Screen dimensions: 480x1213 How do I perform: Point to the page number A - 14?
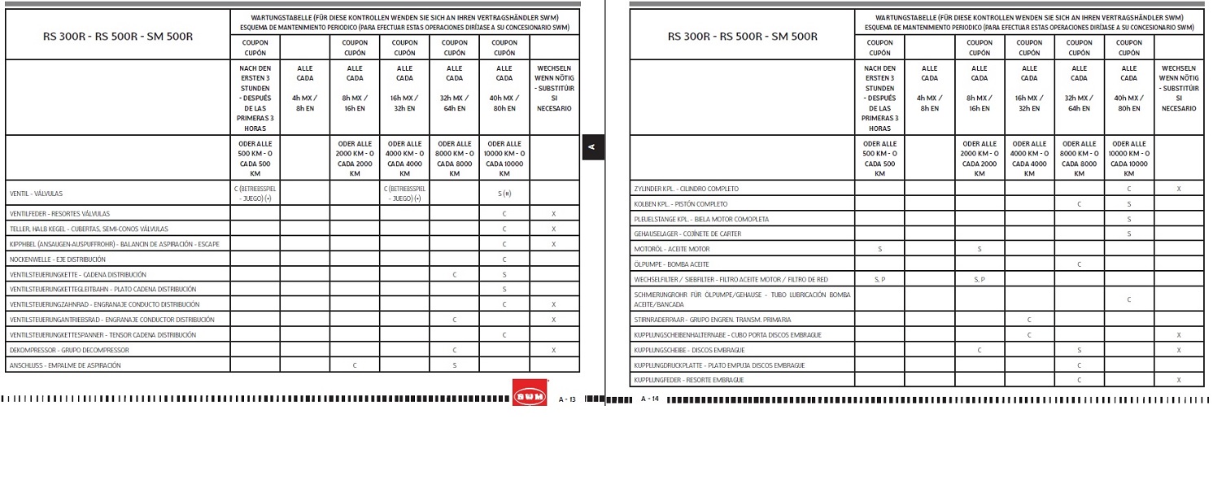[x=649, y=399]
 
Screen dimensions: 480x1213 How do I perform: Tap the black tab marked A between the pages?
[x=592, y=147]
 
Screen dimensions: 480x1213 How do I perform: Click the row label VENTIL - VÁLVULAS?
[x=36, y=194]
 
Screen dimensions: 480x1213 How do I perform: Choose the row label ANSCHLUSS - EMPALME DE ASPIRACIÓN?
[x=65, y=365]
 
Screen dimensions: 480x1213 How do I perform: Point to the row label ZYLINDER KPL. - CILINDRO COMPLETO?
[x=686, y=189]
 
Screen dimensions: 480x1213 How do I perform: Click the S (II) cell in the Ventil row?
[x=504, y=194]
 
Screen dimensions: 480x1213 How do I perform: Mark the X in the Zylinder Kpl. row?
[x=1178, y=189]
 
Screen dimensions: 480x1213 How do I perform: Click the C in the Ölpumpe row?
[x=1079, y=264]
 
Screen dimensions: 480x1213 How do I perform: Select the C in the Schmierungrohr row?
[x=1128, y=299]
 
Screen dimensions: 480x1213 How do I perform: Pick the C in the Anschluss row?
[x=355, y=365]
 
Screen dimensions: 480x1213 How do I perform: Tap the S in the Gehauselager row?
[x=1128, y=234]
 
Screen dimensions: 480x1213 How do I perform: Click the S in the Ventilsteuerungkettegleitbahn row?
[x=504, y=290]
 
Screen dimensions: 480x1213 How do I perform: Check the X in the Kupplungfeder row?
[x=1178, y=380]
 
